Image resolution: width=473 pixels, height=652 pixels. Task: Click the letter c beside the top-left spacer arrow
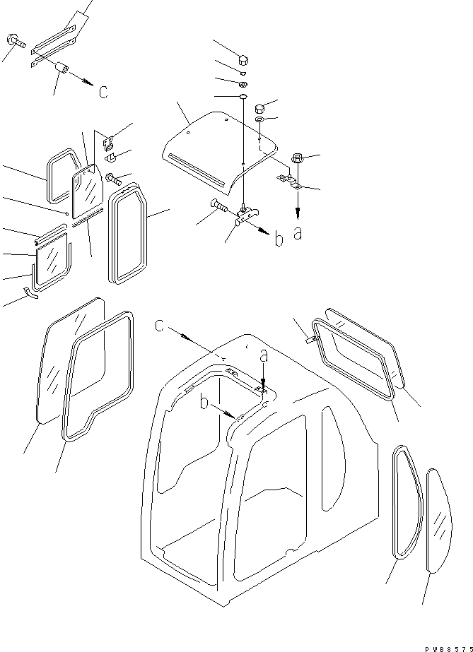coord(103,93)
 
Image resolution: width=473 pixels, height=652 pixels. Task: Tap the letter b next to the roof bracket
coord(279,239)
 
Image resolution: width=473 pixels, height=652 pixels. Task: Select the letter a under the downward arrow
coord(298,232)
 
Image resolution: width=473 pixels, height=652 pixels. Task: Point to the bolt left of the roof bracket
coord(217,206)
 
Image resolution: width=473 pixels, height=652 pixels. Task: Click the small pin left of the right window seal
coord(310,340)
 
